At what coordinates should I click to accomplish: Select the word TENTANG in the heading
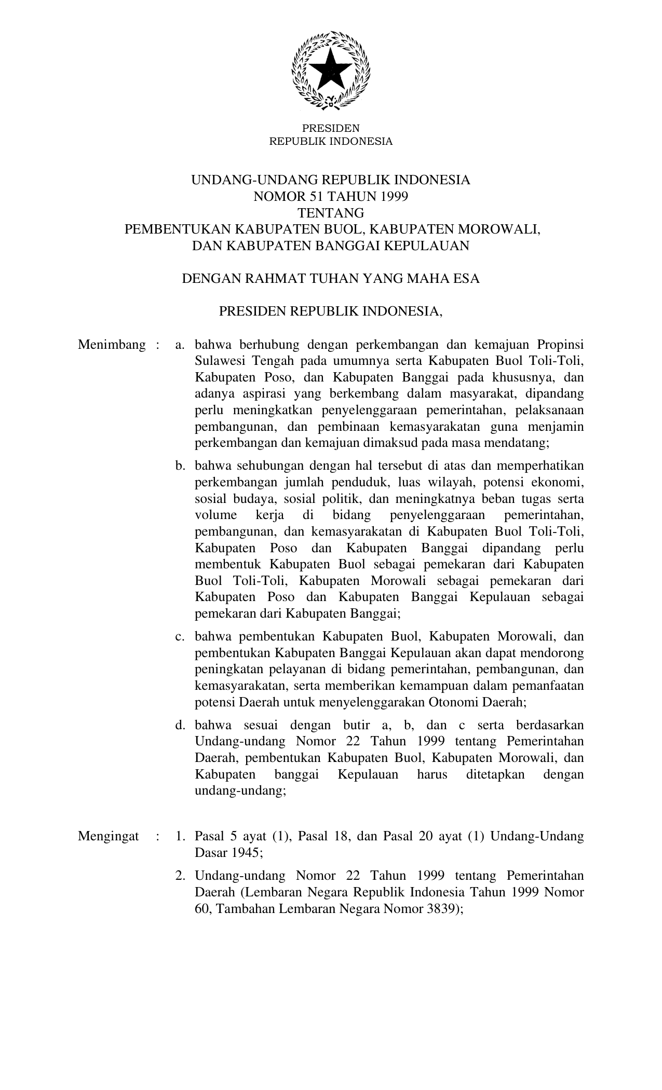point(331,213)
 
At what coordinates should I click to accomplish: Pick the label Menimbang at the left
point(112,345)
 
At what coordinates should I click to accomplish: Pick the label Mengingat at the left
point(109,836)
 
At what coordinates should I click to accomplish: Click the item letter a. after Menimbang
point(180,345)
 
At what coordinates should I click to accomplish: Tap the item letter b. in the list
point(180,466)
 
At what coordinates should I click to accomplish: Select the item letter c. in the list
point(180,636)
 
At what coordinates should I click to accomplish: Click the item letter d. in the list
point(180,725)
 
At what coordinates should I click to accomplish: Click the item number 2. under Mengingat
point(180,876)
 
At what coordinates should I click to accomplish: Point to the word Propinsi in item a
point(560,345)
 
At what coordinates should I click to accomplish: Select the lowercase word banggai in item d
point(296,775)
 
